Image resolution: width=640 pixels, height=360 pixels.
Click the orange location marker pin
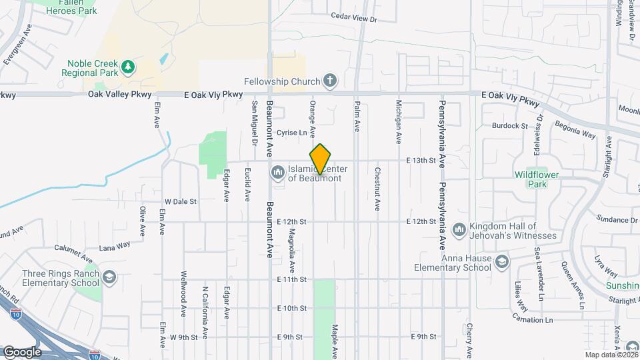(321, 159)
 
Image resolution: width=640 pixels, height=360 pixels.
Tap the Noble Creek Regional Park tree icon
(127, 67)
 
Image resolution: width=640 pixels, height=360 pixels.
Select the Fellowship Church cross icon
(329, 81)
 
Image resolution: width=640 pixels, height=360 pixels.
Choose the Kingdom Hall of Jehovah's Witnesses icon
(459, 231)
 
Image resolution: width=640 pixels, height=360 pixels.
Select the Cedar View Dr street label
(354, 19)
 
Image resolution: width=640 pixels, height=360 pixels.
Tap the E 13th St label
(421, 161)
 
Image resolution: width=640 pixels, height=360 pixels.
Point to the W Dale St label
(181, 201)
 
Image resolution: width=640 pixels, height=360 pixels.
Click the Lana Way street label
(114, 246)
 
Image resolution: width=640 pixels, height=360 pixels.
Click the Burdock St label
(510, 125)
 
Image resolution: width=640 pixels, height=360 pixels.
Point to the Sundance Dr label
(617, 219)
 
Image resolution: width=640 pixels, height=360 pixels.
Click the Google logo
(22, 351)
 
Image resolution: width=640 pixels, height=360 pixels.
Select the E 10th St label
(291, 308)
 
